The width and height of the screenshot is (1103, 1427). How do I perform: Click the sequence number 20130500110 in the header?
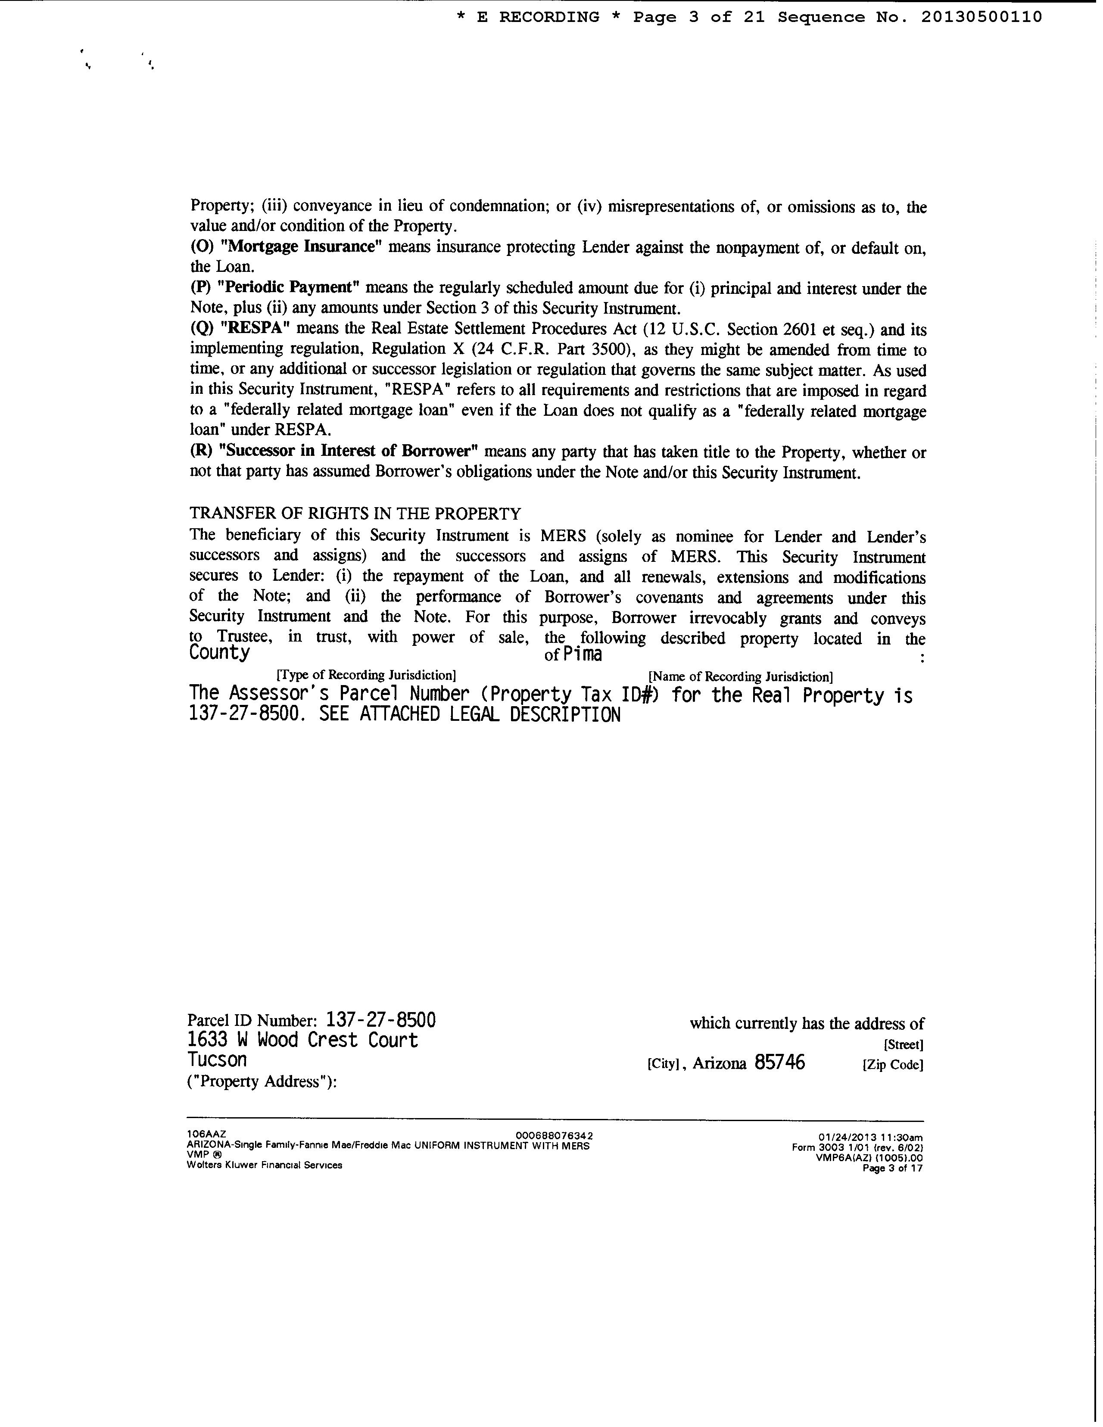[x=981, y=18]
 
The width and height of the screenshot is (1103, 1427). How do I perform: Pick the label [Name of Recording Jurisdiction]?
[x=740, y=676]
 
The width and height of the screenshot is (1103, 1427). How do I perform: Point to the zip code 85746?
[x=779, y=1062]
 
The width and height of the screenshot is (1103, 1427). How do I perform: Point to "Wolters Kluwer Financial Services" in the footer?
[x=264, y=1165]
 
